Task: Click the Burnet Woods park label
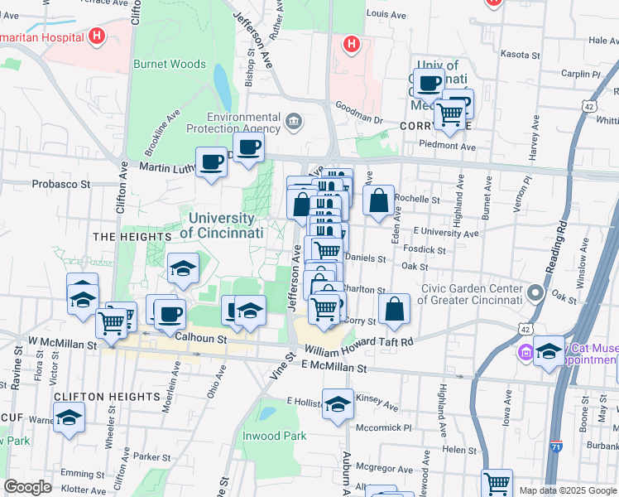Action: click(170, 64)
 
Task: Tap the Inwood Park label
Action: click(274, 436)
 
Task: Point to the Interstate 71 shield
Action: click(556, 446)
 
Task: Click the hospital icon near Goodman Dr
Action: click(352, 43)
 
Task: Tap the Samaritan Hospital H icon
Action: click(98, 36)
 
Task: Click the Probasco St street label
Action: click(62, 184)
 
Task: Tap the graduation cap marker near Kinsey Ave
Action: click(338, 404)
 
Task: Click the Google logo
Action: click(28, 487)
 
